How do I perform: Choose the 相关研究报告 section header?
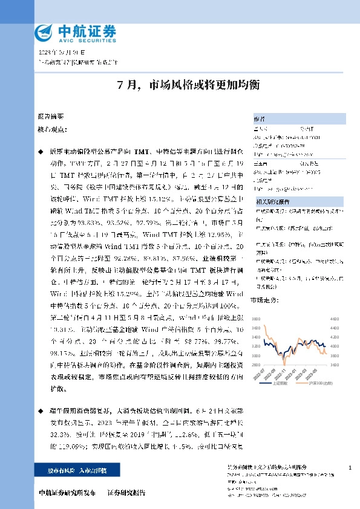pos(269,200)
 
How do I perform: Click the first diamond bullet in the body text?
pos(41,148)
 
